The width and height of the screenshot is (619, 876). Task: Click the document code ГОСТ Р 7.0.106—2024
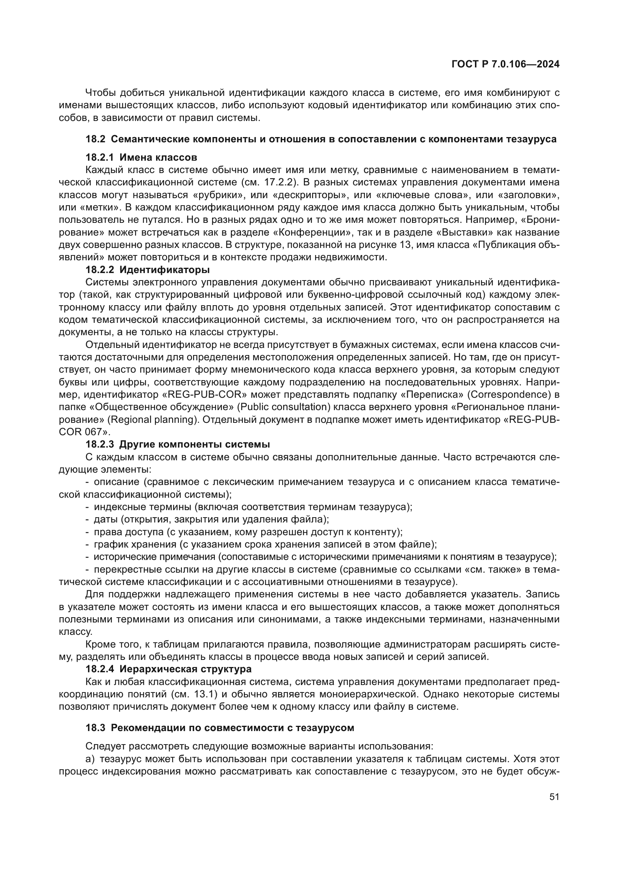(505, 64)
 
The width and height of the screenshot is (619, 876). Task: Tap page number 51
(554, 797)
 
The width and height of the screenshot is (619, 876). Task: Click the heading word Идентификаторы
(165, 270)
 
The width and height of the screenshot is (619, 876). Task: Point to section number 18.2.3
(101, 445)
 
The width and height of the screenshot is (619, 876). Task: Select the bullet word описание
(117, 482)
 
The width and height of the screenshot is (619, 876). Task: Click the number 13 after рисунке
(406, 245)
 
